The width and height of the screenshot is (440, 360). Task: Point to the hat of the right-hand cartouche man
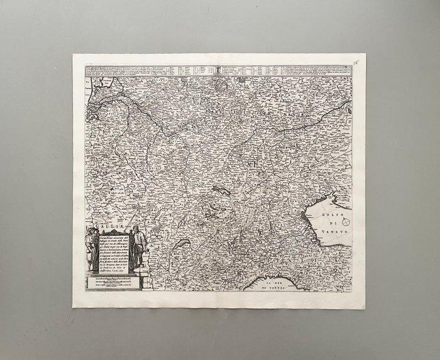click(x=135, y=228)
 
